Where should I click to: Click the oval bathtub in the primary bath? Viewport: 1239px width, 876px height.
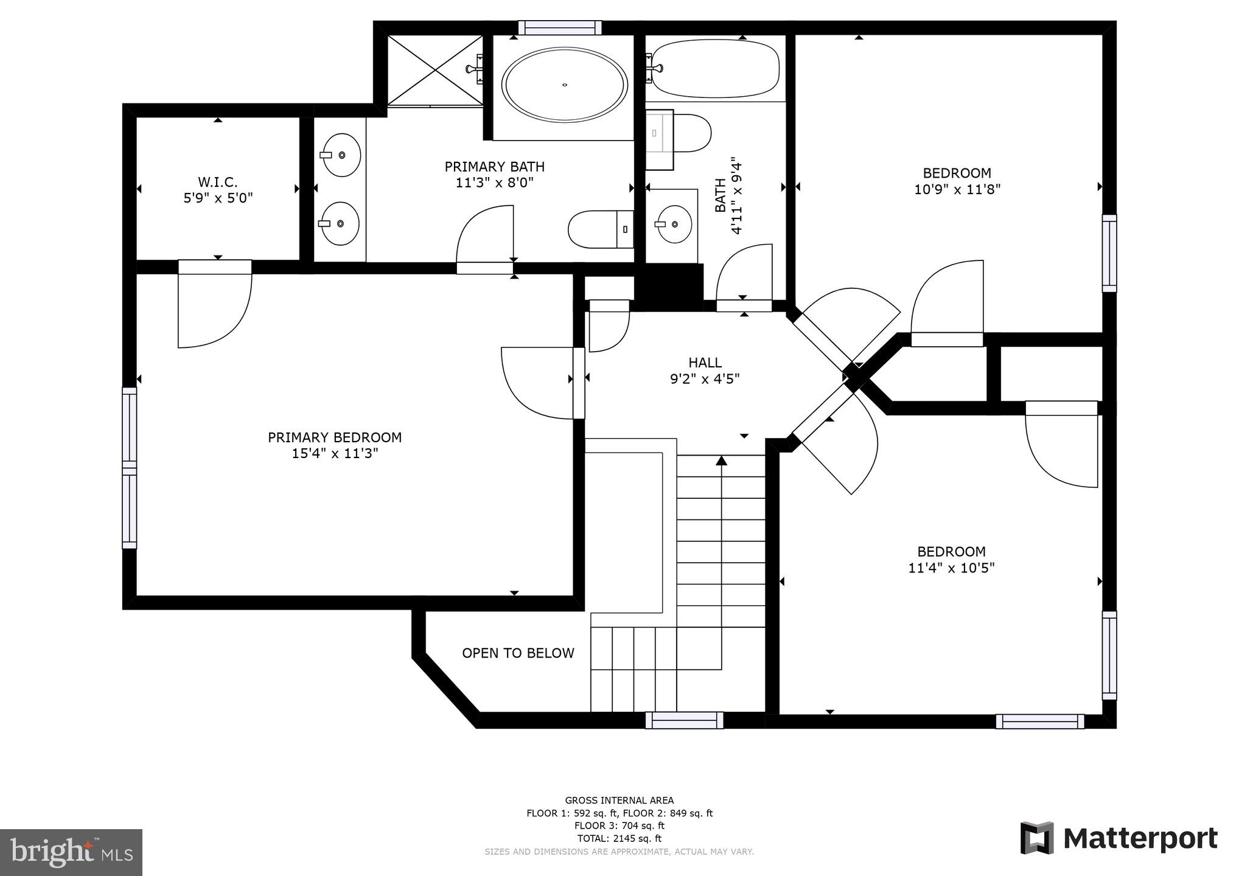pos(564,85)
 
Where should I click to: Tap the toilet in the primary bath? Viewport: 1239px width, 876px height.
pos(599,229)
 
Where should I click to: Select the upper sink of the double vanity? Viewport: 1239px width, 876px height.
pos(340,155)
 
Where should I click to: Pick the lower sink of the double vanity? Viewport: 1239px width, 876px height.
pos(340,223)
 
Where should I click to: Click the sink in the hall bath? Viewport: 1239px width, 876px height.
pos(674,224)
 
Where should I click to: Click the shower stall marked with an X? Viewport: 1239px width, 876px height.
pos(435,70)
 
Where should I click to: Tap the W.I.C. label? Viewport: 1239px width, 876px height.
pos(217,182)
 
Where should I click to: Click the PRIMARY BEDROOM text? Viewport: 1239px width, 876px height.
pos(335,437)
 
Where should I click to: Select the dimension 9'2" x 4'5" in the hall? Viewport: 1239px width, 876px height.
pos(705,379)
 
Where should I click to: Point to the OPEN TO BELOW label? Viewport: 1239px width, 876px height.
pos(518,653)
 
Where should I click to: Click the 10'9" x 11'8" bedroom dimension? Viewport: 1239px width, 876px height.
pos(957,189)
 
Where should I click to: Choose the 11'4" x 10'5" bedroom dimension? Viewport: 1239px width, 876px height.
pos(951,568)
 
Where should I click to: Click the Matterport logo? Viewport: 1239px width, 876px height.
pos(1119,838)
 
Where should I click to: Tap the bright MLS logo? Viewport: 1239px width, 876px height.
pos(71,852)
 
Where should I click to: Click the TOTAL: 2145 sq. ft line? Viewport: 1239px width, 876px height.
pos(619,838)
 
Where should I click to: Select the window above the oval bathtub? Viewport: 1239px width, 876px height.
pos(560,27)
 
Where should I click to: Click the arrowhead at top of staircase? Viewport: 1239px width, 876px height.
pos(721,461)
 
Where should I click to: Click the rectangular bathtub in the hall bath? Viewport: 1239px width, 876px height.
pos(712,69)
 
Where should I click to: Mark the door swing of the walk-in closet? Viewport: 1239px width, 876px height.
pos(215,310)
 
